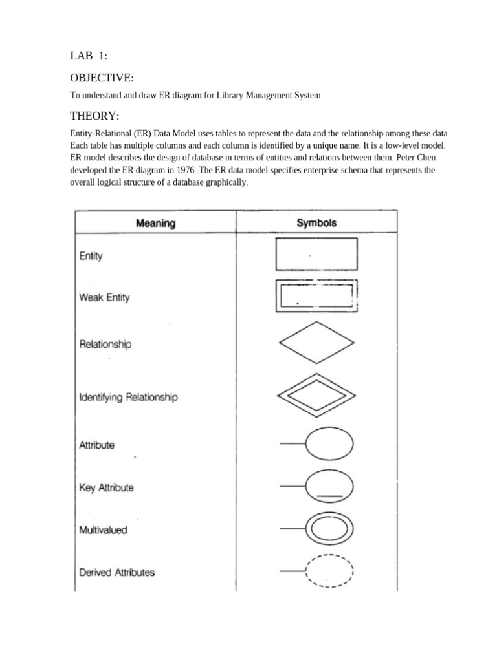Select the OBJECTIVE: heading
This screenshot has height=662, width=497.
tap(102, 78)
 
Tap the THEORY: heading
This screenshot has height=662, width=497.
tap(94, 116)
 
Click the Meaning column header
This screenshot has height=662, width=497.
tap(155, 224)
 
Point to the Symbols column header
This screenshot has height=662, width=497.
tap(316, 223)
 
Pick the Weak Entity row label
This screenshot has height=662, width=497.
tap(104, 298)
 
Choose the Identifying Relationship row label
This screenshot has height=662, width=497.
tap(128, 398)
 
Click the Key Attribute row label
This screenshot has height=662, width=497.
tap(106, 487)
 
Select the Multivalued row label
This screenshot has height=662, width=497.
tap(103, 530)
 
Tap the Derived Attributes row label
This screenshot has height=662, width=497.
tap(116, 572)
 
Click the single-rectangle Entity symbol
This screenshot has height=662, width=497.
tap(316, 254)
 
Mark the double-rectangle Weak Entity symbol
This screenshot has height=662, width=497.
tap(316, 296)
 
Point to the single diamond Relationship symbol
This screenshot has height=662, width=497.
tap(316, 344)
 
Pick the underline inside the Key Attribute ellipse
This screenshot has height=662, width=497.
tap(329, 496)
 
